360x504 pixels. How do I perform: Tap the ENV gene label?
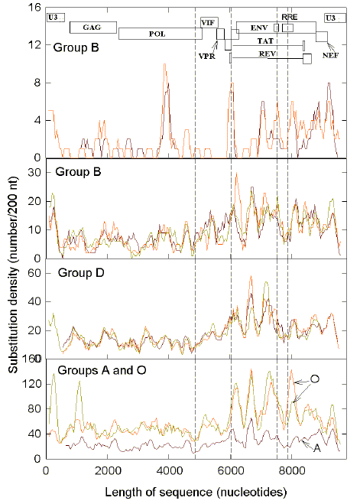coord(258,27)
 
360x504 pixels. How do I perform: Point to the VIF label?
coord(208,23)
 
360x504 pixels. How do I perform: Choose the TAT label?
coord(266,40)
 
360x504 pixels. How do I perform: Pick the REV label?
coord(267,54)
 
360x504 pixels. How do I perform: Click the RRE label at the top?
coord(290,16)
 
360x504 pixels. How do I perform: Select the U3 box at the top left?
coord(55,17)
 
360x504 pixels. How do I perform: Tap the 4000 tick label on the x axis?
coord(168,470)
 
